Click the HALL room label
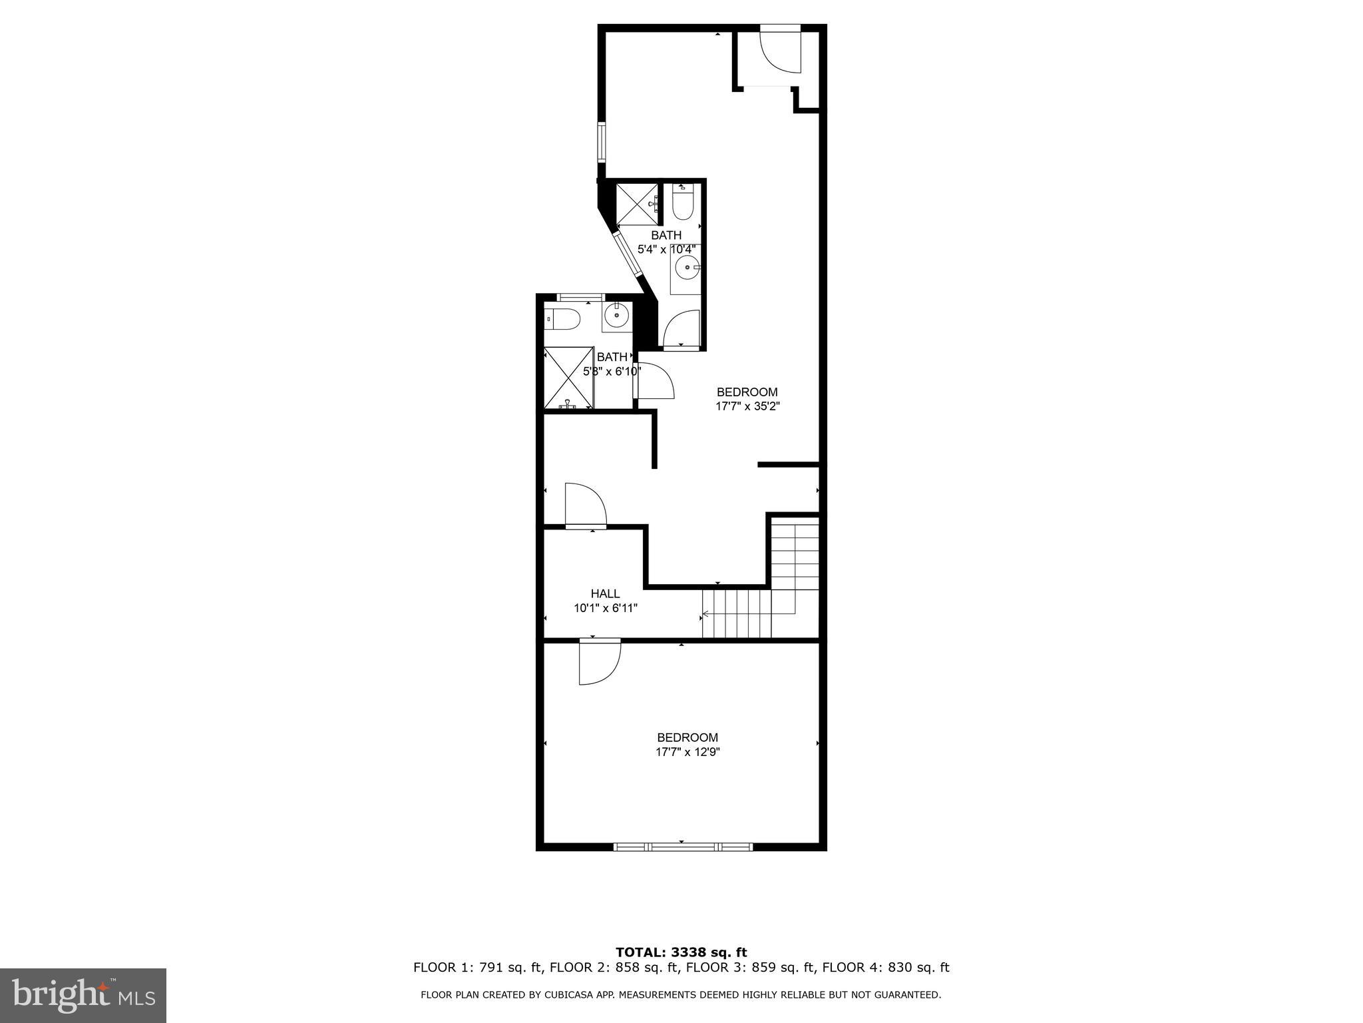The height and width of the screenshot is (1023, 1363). coord(605,593)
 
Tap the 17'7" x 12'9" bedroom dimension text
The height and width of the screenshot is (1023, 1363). coord(687,752)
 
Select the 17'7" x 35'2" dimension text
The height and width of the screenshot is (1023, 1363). coord(747,406)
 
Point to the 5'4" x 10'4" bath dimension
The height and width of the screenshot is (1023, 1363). coord(666,250)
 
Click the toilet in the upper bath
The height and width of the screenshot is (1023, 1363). coord(683,204)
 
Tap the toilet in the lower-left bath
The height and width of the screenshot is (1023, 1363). coord(562,320)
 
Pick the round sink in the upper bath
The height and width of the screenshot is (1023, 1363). coord(685,269)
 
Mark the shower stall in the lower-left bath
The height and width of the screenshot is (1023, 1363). coord(568,377)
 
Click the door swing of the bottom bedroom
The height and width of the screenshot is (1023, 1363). coord(598,662)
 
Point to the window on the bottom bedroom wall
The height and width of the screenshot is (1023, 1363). coord(682,847)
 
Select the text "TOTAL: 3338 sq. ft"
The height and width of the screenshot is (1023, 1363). coord(681,952)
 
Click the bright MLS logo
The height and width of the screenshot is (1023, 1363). coord(83,995)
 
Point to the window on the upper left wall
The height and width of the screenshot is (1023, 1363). coord(602,142)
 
